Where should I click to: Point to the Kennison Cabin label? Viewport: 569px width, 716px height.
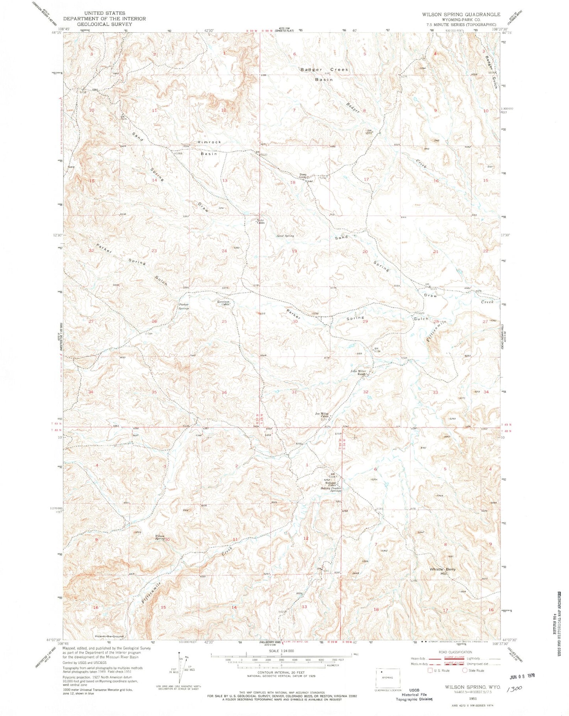point(224,304)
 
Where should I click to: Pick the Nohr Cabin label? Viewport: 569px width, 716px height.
point(259,221)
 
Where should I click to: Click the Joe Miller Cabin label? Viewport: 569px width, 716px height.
point(322,415)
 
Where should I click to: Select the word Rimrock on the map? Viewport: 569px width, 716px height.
point(209,142)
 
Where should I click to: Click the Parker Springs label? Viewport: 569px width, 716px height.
point(184,306)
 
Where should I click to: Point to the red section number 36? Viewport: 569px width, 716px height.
point(224,393)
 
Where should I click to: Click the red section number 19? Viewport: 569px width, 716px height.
point(294,251)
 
